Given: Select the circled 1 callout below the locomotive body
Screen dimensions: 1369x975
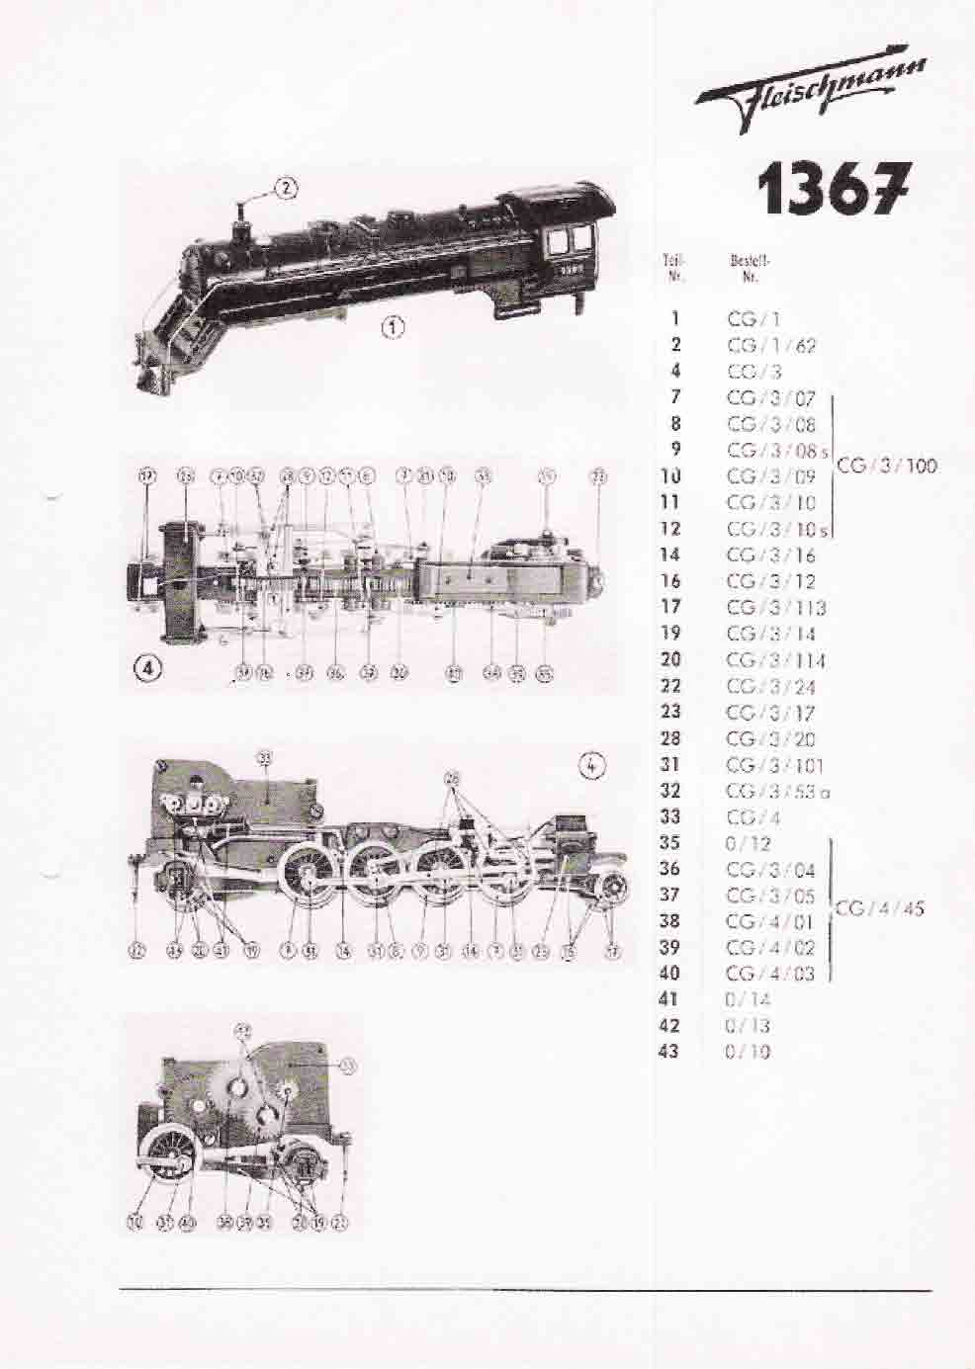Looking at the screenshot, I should (393, 327).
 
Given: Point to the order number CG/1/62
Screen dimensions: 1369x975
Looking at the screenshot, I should (771, 345).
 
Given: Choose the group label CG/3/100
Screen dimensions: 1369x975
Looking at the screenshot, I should (887, 465).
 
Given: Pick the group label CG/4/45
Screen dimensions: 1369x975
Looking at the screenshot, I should (879, 907).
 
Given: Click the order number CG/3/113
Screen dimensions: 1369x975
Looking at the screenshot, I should (775, 608).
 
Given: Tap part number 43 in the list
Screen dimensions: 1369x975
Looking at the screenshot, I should (669, 1051).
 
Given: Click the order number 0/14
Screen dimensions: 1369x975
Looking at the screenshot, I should (748, 999).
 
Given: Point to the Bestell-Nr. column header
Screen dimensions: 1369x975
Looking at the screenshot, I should (749, 268).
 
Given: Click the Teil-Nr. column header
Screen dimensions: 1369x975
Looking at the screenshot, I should (673, 268).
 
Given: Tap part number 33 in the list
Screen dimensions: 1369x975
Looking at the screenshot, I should (669, 816).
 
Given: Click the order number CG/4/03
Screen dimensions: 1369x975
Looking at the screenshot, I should (770, 974).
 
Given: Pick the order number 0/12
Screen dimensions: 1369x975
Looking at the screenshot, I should (748, 843).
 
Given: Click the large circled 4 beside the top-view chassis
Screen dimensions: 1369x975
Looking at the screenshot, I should (148, 668).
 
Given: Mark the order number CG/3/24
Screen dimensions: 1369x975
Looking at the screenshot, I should (770, 686).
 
